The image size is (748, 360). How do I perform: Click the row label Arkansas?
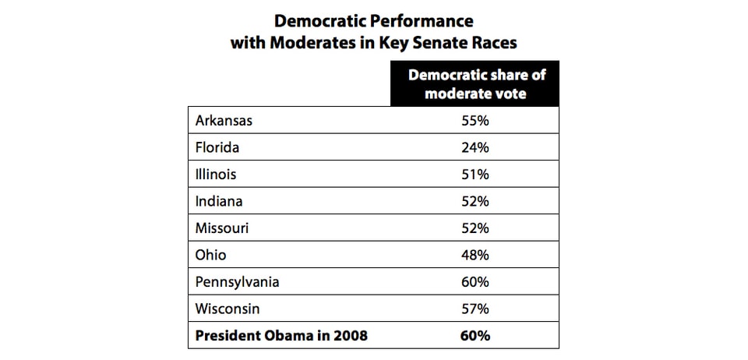click(224, 120)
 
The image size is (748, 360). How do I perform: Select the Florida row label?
click(217, 147)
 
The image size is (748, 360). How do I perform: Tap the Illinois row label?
click(216, 174)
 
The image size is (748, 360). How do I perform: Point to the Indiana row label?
click(219, 201)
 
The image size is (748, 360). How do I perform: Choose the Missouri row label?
click(223, 228)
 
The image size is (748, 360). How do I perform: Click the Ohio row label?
click(210, 255)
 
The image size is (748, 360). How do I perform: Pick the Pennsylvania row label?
click(237, 281)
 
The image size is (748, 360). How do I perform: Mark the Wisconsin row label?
click(228, 309)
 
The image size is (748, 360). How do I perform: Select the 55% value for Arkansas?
click(474, 120)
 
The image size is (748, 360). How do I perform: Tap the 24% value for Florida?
click(474, 147)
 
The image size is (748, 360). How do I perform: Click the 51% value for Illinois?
click(474, 174)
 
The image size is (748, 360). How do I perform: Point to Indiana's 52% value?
click(474, 201)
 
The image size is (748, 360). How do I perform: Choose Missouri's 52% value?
click(474, 228)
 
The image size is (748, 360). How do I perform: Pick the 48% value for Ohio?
click(474, 255)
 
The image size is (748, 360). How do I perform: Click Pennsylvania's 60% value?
click(474, 281)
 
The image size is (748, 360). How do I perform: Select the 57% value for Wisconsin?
click(474, 309)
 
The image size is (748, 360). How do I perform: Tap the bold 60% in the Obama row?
click(474, 336)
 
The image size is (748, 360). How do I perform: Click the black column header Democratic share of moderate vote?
click(474, 84)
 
